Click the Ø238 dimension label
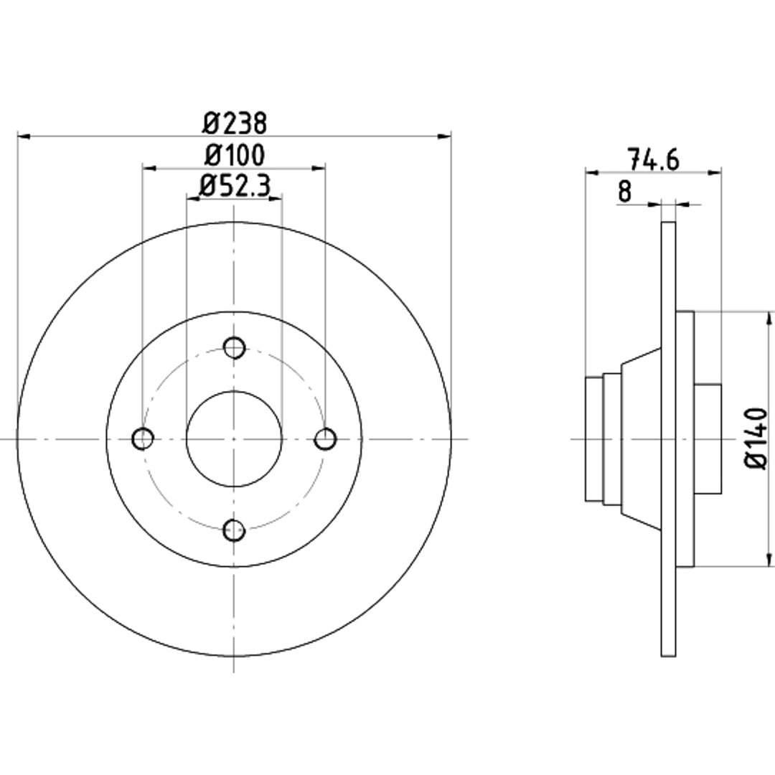click(x=234, y=123)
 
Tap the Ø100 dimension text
click(x=234, y=155)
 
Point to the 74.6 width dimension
click(x=653, y=159)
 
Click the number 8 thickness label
click(x=625, y=192)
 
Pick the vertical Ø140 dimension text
click(x=756, y=438)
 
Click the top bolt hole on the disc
click(x=234, y=347)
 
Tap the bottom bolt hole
click(x=234, y=530)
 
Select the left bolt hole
click(x=144, y=438)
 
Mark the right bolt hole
click(x=326, y=439)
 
